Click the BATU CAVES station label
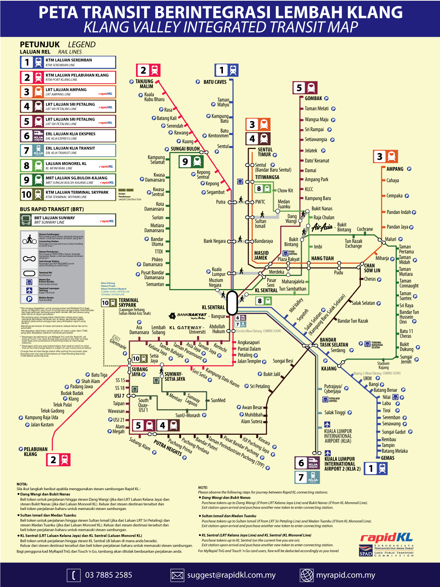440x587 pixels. click(x=215, y=82)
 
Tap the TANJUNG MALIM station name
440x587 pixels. click(x=144, y=84)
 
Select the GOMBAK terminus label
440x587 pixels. click(x=313, y=98)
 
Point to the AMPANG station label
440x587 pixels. click(x=395, y=169)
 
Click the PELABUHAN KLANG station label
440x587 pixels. click(x=36, y=452)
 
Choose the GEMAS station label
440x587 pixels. click(x=388, y=458)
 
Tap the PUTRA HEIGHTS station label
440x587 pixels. click(x=168, y=448)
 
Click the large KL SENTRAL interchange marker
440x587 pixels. click(x=232, y=303)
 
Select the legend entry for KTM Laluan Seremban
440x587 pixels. click(x=68, y=62)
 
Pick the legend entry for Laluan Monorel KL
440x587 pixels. click(x=68, y=165)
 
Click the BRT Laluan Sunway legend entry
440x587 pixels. click(x=68, y=220)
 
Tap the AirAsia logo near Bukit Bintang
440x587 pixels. click(x=322, y=227)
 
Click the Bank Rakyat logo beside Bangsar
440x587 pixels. click(x=187, y=316)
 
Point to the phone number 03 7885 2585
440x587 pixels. click(x=109, y=575)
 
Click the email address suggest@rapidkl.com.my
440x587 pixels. click(x=231, y=575)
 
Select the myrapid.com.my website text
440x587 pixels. click(x=346, y=575)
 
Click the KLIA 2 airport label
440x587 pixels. click(x=342, y=464)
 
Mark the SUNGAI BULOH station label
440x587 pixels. click(x=185, y=149)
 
